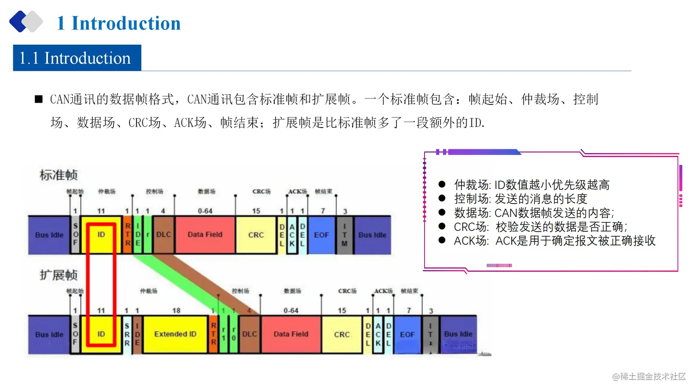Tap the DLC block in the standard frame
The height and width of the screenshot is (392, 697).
point(163,234)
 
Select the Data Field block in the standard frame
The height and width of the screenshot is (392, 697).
point(205,234)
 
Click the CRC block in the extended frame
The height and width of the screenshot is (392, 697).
point(342,334)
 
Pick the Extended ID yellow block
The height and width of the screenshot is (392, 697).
point(175,334)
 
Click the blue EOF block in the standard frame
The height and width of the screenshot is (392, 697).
point(321,235)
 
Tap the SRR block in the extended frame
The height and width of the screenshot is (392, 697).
point(127,334)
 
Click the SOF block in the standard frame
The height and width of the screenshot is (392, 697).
point(76,234)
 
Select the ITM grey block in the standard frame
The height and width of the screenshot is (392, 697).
point(344,235)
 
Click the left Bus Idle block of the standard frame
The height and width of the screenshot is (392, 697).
point(49,235)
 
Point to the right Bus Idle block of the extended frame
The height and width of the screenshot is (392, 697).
point(458,334)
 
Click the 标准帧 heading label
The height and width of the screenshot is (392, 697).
point(59,175)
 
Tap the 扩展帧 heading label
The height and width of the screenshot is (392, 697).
point(59,275)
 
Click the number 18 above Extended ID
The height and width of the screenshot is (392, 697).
point(176,310)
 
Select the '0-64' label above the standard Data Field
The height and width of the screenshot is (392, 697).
point(205,211)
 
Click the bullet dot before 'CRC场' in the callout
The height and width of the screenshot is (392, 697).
point(442,226)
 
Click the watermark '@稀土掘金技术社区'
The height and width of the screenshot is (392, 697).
point(649,376)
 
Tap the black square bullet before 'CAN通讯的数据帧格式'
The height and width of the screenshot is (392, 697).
point(39,99)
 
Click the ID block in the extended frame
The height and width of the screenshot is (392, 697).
point(101,334)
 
